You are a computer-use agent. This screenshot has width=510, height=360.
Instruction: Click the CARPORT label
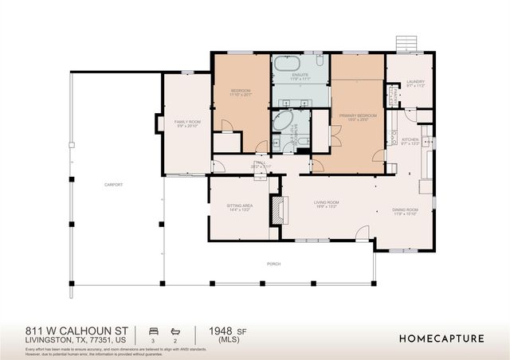pos(113,185)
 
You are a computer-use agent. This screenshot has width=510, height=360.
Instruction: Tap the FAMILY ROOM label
pos(188,122)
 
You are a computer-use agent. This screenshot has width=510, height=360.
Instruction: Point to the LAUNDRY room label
pos(414,81)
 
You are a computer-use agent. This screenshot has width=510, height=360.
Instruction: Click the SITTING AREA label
pos(240,206)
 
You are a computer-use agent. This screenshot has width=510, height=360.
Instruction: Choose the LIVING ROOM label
pos(326,203)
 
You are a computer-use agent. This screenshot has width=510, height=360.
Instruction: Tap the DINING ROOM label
pos(405,211)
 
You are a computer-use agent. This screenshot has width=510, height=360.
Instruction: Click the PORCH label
pos(273,264)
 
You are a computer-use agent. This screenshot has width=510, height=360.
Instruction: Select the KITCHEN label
pos(410,141)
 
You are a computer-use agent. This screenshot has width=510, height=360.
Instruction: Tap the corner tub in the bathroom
pos(282,122)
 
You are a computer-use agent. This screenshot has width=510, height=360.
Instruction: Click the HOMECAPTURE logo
pos(441,338)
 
